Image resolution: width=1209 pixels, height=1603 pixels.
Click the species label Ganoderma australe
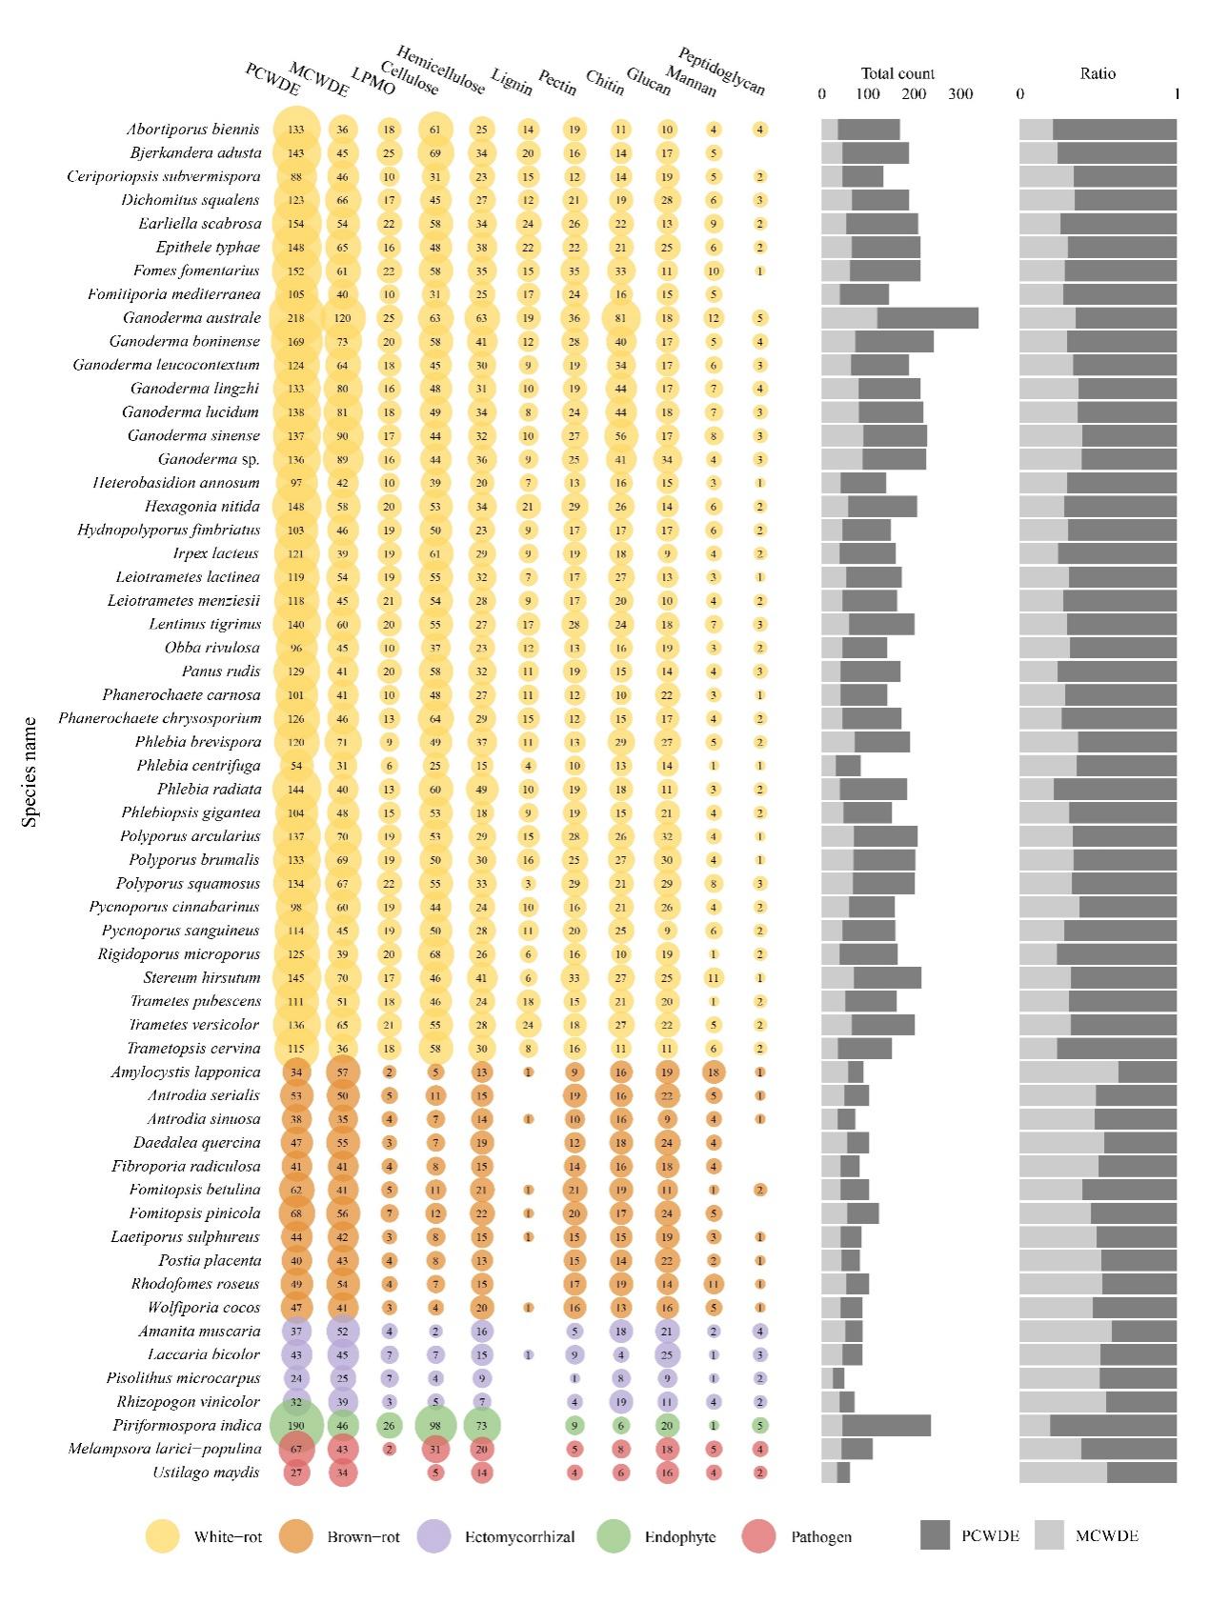pos(191,318)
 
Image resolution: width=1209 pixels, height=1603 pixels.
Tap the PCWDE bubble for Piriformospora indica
pos(296,1425)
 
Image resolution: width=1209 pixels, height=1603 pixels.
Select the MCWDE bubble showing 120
pos(342,318)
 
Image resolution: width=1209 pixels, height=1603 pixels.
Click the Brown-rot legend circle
pos(296,1536)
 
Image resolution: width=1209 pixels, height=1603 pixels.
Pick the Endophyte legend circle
pos(614,1536)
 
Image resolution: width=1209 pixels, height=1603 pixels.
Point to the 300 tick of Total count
pos(960,94)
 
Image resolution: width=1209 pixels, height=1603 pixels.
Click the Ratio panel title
pos(1098,73)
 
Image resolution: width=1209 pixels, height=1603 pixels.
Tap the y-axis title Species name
pos(30,771)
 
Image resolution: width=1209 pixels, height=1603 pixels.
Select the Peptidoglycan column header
pos(721,71)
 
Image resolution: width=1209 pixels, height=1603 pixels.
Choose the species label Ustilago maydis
pos(206,1473)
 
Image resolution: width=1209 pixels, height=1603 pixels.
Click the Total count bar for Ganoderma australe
pos(899,318)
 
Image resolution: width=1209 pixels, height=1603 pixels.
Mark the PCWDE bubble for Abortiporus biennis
pos(296,130)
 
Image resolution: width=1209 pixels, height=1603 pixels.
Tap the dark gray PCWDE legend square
pos(936,1535)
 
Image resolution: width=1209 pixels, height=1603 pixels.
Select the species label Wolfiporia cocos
pos(204,1308)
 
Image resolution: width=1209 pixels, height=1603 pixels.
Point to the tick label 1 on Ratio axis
pos(1177,94)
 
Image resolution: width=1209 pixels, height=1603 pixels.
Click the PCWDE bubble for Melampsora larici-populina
pos(296,1449)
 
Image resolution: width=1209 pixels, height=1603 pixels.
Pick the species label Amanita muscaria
pos(199,1331)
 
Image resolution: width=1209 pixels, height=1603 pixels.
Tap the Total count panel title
pos(897,73)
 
